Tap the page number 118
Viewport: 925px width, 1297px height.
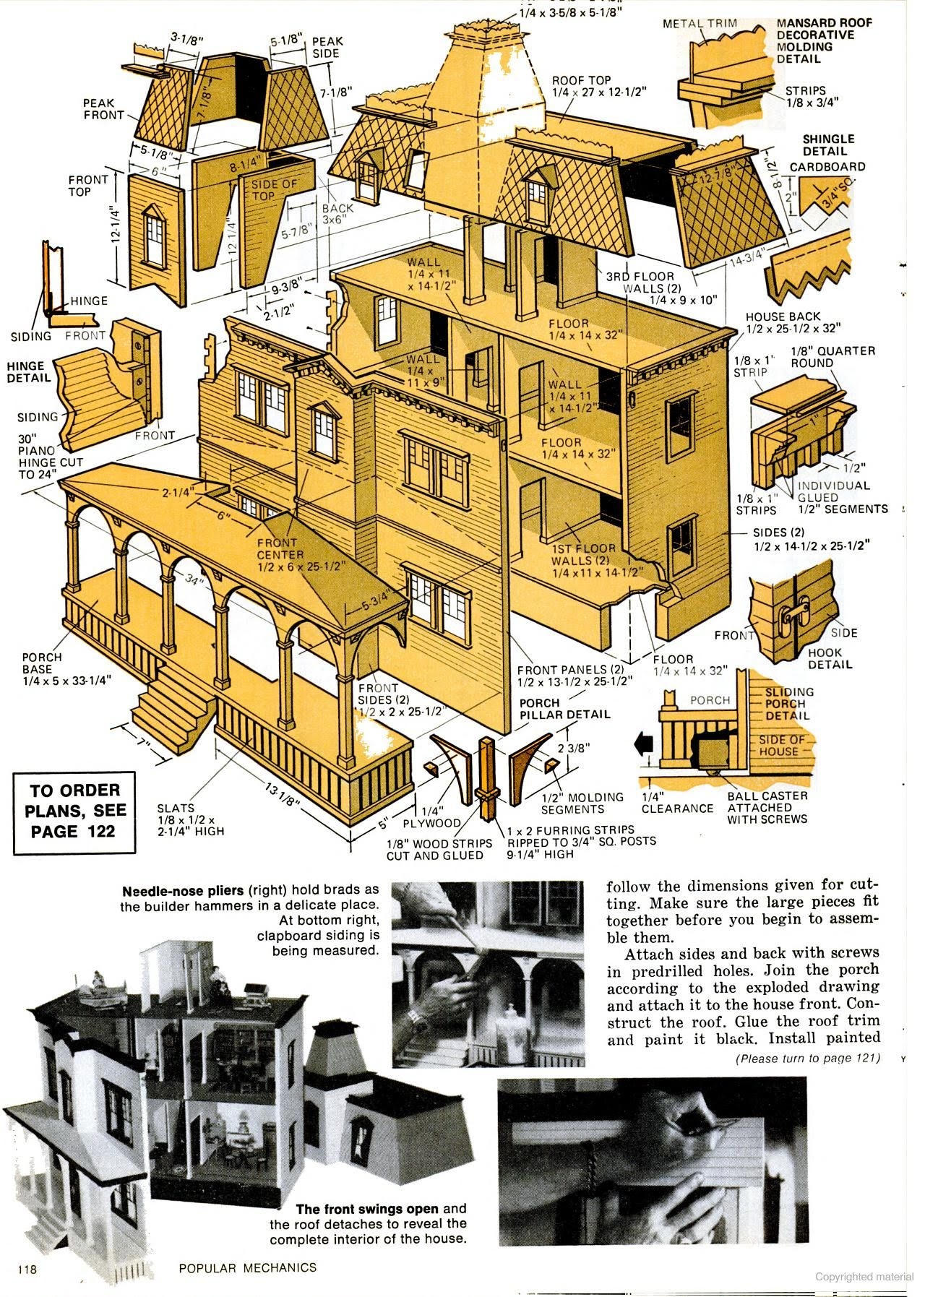27,1267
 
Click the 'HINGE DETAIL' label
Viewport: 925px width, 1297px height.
30,371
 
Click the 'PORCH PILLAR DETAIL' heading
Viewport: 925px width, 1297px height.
564,708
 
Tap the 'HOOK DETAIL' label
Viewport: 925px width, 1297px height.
830,658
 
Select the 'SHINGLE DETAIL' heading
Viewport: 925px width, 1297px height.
827,145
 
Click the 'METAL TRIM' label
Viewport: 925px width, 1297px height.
700,23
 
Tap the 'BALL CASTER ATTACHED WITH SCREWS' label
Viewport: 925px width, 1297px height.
767,807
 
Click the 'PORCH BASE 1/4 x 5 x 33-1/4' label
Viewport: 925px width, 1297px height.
63,668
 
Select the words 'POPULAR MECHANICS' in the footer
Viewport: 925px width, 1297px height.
247,1267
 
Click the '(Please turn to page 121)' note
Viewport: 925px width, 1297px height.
807,1059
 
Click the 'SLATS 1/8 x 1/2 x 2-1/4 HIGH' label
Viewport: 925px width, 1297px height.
190,819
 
